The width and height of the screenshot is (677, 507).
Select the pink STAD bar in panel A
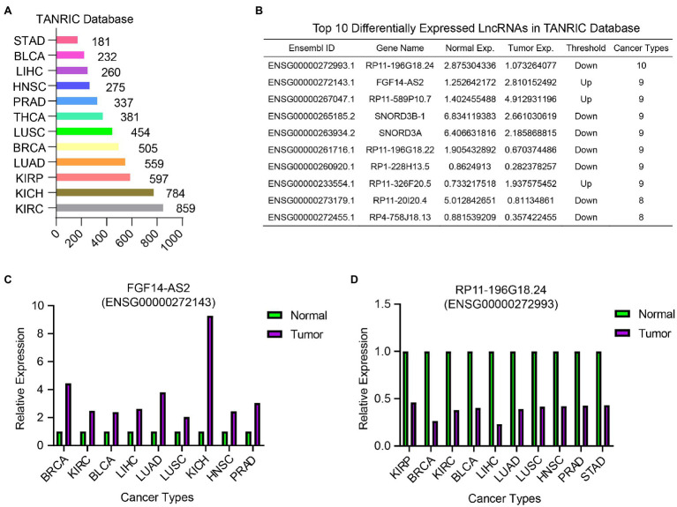pos(66,40)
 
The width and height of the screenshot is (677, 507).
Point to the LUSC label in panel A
pos(33,131)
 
